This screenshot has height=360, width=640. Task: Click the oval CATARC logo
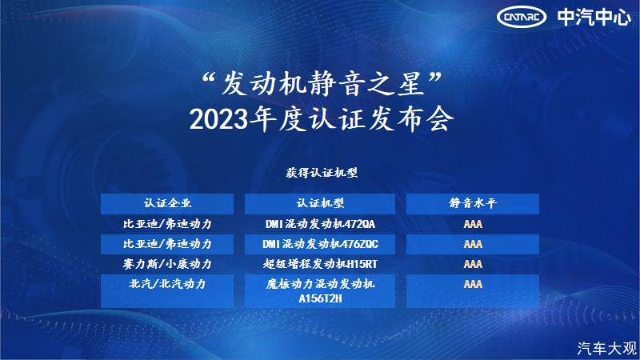click(x=522, y=17)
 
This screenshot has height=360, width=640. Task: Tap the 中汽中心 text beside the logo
click(x=594, y=17)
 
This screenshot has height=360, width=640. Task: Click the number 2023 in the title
click(x=218, y=119)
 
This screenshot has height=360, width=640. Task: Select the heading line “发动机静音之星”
click(x=322, y=84)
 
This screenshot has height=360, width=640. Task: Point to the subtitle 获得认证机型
click(x=322, y=173)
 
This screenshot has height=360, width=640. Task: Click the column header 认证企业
click(x=167, y=203)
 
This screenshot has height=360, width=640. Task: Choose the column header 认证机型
click(x=320, y=203)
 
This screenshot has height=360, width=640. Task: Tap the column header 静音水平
click(x=473, y=203)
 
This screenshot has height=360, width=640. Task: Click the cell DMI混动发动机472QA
click(x=320, y=224)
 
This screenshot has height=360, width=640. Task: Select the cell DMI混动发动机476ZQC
click(x=320, y=244)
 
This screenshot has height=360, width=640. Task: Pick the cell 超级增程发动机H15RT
click(x=320, y=264)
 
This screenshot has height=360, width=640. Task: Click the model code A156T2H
click(x=320, y=298)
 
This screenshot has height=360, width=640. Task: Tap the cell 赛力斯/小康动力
click(x=167, y=264)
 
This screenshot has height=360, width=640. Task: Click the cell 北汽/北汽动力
click(x=167, y=284)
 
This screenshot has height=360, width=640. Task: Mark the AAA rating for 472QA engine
click(x=473, y=224)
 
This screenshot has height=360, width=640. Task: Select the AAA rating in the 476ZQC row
click(x=473, y=244)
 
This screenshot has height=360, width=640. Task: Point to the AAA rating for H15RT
click(x=473, y=264)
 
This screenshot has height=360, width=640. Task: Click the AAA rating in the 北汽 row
click(x=473, y=284)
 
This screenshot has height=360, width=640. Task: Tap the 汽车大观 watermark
click(x=607, y=348)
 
